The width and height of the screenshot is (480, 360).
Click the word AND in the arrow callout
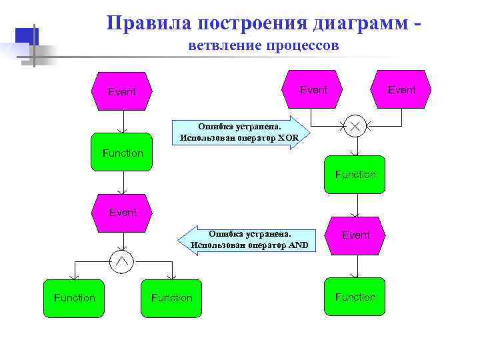tap(297, 245)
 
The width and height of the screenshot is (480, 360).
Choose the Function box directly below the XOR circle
tap(355, 174)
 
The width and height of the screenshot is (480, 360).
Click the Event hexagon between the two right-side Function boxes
tap(355, 235)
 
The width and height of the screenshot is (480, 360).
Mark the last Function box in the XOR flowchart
tap(355, 297)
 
